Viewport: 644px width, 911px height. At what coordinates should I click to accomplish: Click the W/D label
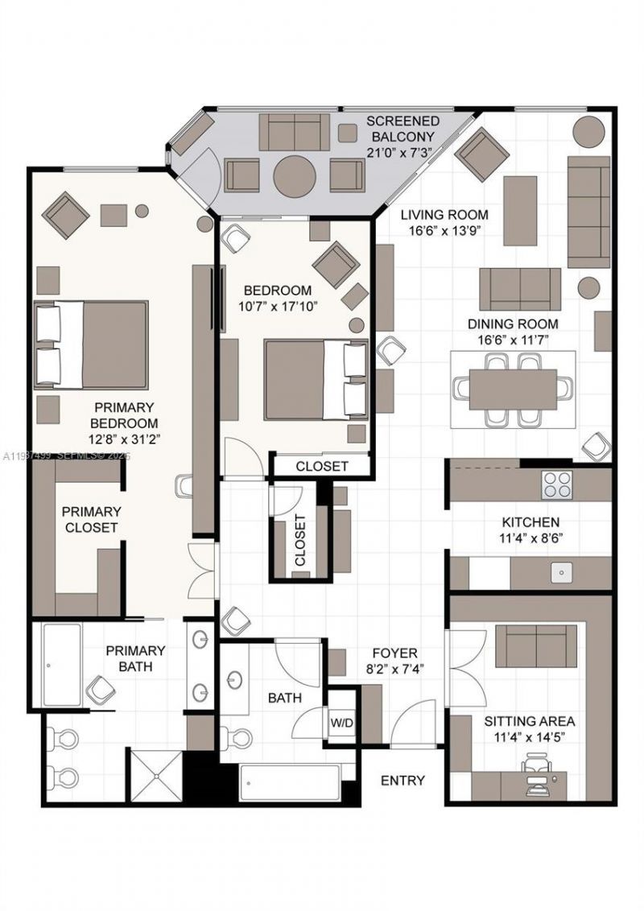[341, 723]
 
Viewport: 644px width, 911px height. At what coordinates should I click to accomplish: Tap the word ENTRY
[402, 780]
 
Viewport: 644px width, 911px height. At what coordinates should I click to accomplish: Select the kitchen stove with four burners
[556, 484]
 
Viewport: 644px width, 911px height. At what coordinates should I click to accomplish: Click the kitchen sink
[561, 573]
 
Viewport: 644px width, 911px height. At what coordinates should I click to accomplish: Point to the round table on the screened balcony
[294, 175]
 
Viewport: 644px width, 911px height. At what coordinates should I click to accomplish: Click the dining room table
[513, 389]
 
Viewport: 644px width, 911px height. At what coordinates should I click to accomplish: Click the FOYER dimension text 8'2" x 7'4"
[394, 668]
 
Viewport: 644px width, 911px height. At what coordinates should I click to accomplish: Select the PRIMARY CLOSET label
[92, 519]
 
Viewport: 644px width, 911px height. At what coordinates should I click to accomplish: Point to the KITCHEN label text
[530, 522]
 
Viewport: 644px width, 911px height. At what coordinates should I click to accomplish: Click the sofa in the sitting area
[535, 646]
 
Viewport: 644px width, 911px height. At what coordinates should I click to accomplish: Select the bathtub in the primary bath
[60, 666]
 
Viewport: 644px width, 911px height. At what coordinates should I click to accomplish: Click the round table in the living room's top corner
[589, 131]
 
